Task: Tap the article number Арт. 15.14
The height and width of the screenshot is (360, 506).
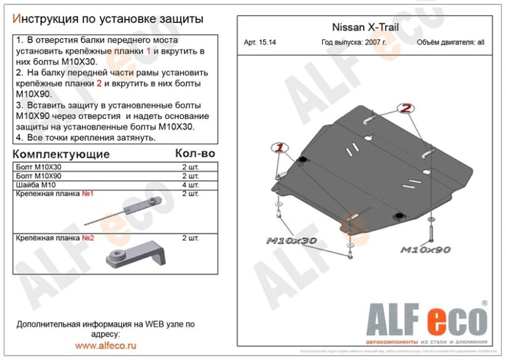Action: (x=261, y=43)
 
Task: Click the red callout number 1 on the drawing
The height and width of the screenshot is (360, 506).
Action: (x=278, y=148)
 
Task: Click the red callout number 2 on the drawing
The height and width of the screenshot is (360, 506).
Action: (x=406, y=109)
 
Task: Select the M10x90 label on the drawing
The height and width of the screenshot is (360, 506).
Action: (x=425, y=250)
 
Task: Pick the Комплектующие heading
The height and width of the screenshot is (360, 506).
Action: (x=61, y=155)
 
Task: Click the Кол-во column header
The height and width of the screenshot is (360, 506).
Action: (x=195, y=154)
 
